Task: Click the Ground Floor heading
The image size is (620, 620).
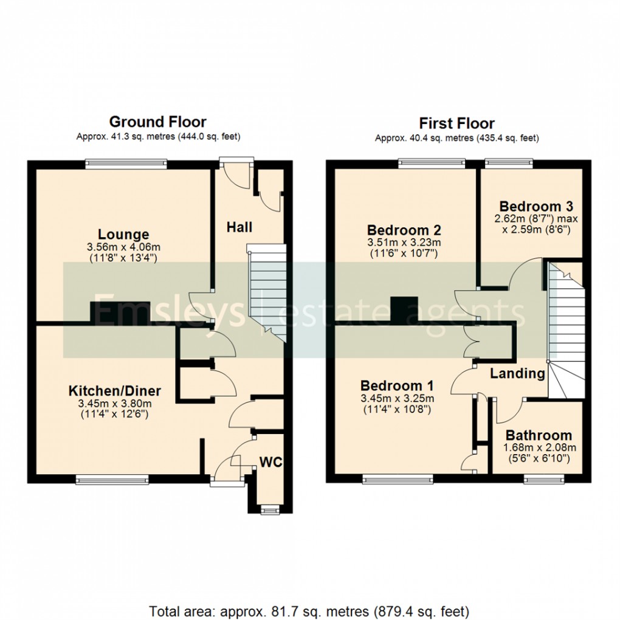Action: pos(157,122)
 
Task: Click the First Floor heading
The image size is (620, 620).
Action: pos(456,123)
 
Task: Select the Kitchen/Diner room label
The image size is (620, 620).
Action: pos(115,390)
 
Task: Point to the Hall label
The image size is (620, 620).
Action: pos(239,227)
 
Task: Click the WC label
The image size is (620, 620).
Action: pos(271,462)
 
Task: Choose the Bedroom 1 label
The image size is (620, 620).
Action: pos(397,386)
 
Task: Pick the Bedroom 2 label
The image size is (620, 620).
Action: pos(404,230)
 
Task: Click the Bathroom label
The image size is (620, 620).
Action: pos(539,435)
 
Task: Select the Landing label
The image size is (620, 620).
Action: pos(517,374)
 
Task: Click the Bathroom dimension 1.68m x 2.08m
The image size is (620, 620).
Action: pos(539,448)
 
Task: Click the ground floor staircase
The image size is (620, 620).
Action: pos(266,289)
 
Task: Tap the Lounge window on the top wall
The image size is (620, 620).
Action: pos(126,162)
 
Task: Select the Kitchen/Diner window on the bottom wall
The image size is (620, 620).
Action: pos(112,480)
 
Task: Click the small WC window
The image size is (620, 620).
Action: pos(267,509)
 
